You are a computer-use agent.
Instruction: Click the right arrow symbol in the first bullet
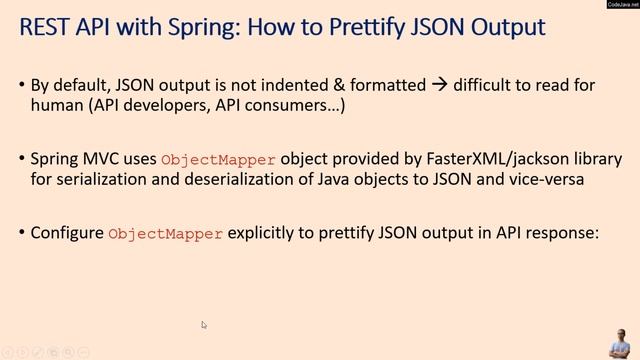[x=438, y=85]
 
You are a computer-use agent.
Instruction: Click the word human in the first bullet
[x=56, y=105]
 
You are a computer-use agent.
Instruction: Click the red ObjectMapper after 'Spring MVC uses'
[x=218, y=160]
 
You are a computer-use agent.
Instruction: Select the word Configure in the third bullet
[x=67, y=233]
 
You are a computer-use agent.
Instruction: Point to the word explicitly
[x=265, y=233]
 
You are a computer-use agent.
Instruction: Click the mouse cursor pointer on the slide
[x=204, y=325]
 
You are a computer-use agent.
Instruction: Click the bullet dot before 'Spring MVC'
[x=22, y=160]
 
